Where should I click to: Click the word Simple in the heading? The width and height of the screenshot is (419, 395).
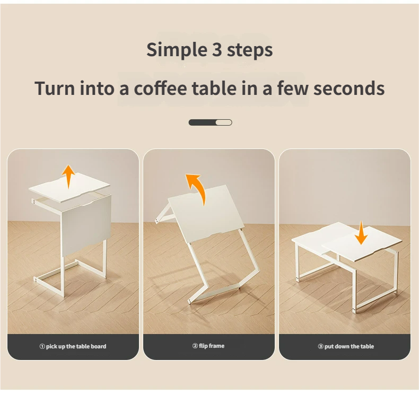coord(177,50)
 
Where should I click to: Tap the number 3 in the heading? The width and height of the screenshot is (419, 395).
coord(217,49)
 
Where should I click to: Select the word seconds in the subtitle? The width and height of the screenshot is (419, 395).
coord(348,88)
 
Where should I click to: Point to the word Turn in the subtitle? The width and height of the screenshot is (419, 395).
coord(55,88)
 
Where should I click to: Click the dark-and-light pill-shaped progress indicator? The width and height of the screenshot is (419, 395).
coord(211,122)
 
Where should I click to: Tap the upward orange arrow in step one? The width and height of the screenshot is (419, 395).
coord(68,177)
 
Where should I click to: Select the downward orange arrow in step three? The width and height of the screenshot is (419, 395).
coord(361,232)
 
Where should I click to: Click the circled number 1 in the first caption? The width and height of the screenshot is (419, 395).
coord(42,346)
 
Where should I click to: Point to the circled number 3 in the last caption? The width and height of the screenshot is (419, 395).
coord(321,346)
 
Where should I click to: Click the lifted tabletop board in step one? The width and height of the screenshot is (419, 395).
coord(69,188)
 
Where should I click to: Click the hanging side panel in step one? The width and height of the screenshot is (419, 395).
coord(86,226)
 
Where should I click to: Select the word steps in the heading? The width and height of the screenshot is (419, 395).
coord(250,50)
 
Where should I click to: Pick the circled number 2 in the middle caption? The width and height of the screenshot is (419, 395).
coord(195,346)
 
